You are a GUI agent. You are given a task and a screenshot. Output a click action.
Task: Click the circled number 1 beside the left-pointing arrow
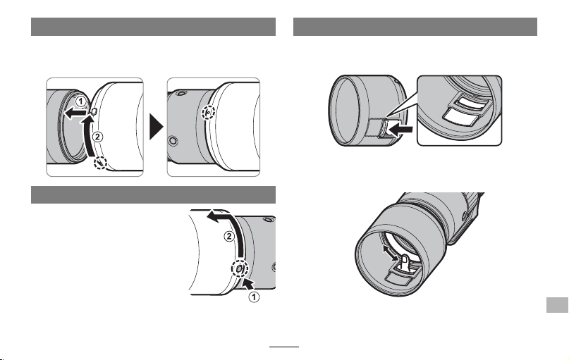80,101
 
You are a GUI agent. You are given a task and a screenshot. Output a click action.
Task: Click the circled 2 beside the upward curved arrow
97,137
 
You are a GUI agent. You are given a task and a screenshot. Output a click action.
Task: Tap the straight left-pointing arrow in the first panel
75,114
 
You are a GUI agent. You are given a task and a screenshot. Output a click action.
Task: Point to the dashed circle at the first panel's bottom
100,163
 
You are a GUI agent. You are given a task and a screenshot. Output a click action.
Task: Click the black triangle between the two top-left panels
157,127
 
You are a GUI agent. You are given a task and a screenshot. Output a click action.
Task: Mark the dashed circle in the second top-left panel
208,113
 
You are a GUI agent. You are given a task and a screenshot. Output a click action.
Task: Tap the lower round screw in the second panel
173,140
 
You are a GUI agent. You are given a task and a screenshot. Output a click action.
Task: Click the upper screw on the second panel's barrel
181,94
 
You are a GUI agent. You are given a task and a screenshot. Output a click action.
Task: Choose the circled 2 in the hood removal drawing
229,237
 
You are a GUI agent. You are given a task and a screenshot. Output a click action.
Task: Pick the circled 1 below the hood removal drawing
254,297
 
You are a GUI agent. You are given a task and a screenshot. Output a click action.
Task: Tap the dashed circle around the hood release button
240,268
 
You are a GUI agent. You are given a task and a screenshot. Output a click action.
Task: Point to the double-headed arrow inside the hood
391,252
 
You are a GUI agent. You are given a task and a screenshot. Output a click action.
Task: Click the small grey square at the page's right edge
557,305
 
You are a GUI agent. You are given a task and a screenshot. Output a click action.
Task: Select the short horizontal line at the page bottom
284,347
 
